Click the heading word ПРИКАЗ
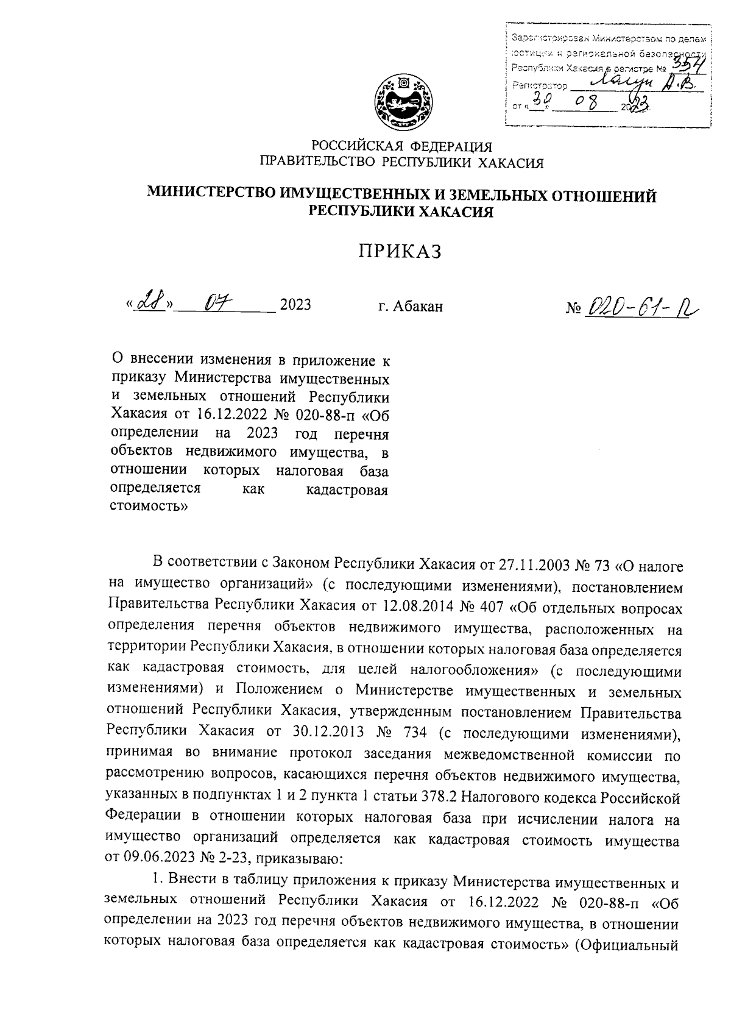[399, 251]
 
